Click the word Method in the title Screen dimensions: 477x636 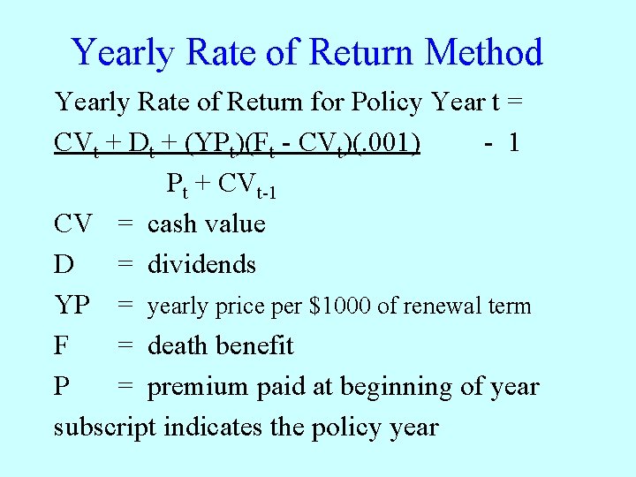(483, 53)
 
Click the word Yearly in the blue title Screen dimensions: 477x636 (123, 53)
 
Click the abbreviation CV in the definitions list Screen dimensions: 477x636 (72, 224)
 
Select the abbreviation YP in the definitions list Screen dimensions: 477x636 (72, 306)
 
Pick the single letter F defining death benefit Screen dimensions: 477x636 (61, 346)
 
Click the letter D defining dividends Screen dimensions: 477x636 (63, 265)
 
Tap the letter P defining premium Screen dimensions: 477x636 (61, 387)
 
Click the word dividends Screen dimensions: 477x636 (201, 265)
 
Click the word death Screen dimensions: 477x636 (182, 346)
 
